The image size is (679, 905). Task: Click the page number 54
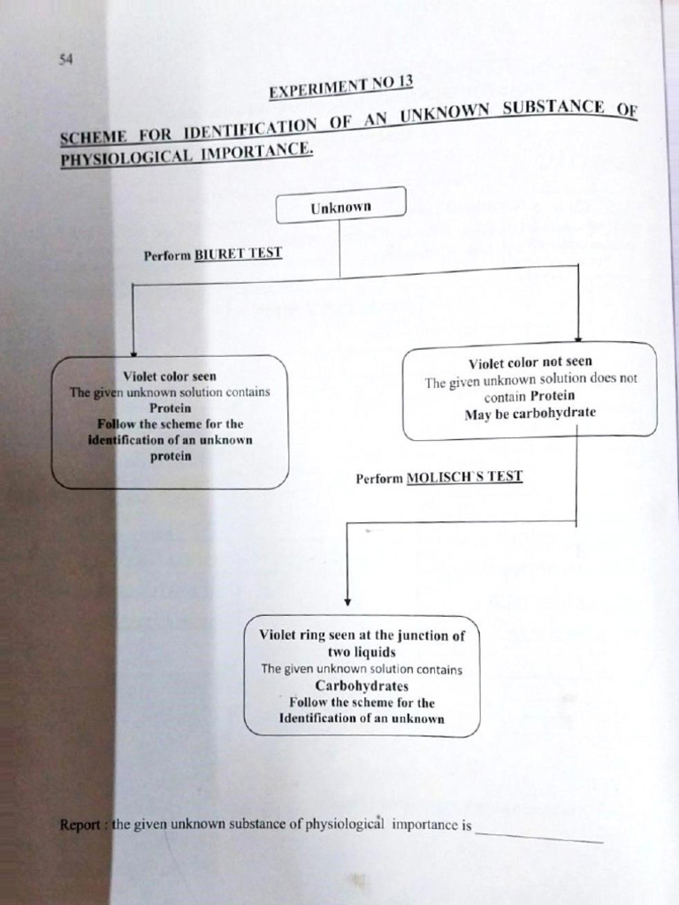(65, 59)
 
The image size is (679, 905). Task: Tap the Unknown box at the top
(340, 207)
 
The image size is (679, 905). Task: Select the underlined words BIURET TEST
(238, 254)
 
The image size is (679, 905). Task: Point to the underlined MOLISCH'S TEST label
(464, 477)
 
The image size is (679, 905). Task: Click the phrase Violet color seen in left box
(170, 376)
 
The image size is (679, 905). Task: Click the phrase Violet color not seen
(530, 362)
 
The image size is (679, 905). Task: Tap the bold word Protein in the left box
(170, 408)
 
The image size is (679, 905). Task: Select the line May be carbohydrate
(530, 414)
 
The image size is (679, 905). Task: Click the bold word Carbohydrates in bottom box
(362, 685)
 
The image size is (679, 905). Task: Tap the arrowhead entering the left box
(134, 350)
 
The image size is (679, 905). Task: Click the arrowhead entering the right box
(577, 337)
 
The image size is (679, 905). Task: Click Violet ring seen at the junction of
(362, 635)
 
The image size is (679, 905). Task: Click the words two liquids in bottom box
(362, 651)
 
